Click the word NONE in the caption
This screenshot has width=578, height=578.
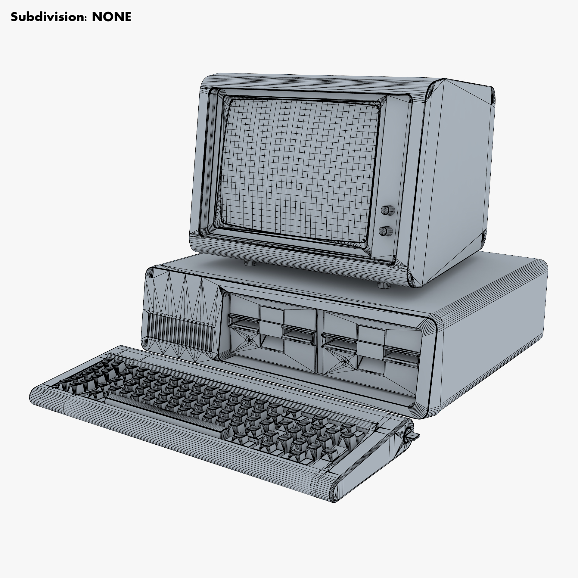[x=111, y=17]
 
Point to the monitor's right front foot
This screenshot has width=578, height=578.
[x=383, y=285]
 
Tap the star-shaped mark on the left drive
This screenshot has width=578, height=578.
[x=249, y=340]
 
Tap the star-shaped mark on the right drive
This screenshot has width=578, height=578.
[x=344, y=362]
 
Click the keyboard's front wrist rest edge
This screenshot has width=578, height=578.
[x=181, y=443]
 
